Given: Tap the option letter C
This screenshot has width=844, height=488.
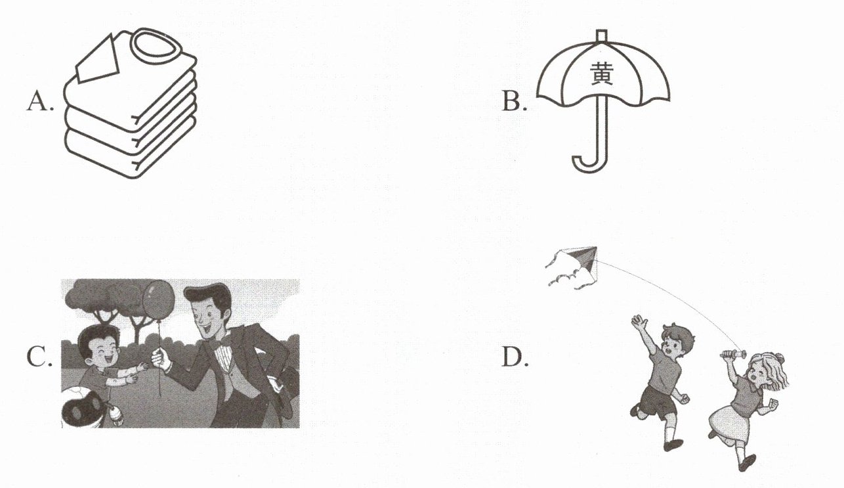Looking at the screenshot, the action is point(38,357).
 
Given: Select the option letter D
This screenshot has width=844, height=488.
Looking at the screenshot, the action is point(514,357).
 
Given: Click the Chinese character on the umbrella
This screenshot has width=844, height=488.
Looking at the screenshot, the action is point(602,74).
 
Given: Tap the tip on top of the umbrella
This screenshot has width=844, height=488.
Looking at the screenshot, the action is point(602,35).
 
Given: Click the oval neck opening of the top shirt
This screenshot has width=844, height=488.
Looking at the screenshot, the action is point(155,47).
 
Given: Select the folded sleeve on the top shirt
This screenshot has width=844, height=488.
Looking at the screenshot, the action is point(97,60).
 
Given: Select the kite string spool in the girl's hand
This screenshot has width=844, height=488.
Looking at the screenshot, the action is point(733,354).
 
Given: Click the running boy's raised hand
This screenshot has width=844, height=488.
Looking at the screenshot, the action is point(639,322).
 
